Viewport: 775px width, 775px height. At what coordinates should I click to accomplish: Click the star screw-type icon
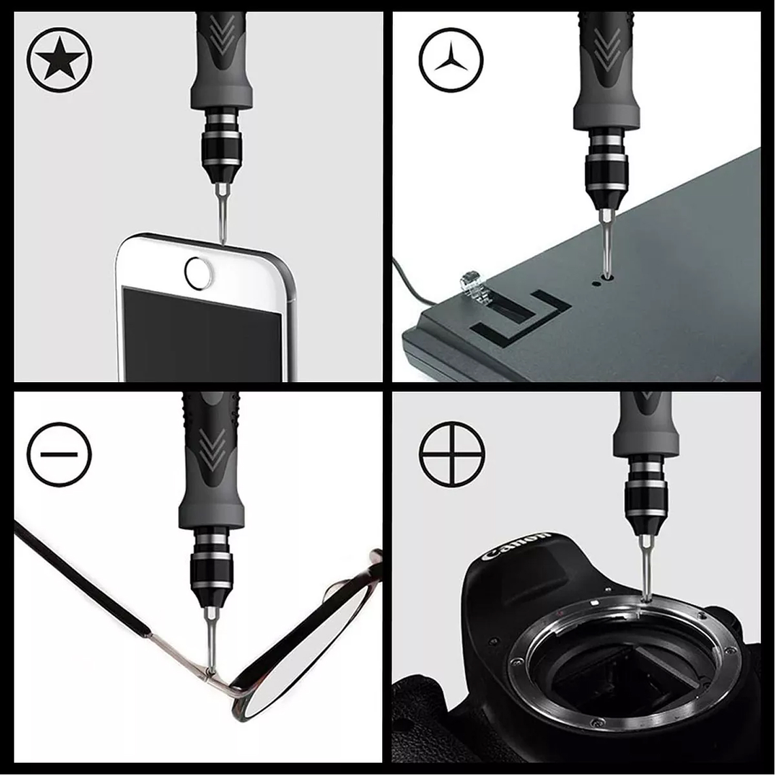click(59, 59)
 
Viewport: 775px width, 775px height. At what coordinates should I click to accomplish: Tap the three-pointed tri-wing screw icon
click(451, 59)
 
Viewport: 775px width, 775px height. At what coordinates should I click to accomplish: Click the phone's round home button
click(199, 273)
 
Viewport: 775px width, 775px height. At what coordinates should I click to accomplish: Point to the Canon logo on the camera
click(515, 545)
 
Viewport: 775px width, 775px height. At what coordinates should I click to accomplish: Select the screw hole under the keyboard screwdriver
click(606, 278)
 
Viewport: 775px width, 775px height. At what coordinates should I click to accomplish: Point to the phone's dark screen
click(202, 334)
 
